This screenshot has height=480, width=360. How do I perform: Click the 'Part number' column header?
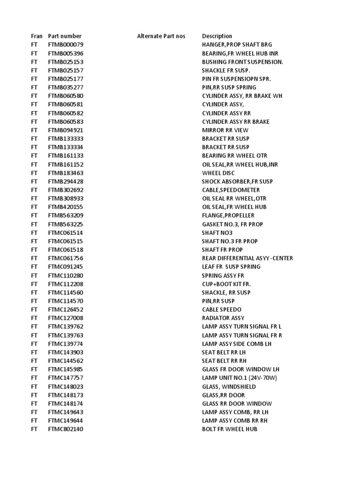coord(65,36)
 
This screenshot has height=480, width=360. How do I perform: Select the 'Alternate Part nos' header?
coord(161,36)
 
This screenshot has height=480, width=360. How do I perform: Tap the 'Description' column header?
coord(217,36)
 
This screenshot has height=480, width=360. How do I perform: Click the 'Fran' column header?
coord(37,36)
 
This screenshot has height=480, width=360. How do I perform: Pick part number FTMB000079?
coord(66,45)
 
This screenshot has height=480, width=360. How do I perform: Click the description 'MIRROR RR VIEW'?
coord(225,130)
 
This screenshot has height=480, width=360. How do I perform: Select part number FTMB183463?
coord(66,173)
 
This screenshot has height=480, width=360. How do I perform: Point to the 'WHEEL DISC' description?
coord(218,173)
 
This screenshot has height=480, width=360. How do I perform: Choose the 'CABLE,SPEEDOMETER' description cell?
coord(231,190)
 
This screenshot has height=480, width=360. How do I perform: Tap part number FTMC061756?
coord(66,258)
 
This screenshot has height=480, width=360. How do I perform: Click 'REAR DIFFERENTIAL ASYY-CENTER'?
coord(247,258)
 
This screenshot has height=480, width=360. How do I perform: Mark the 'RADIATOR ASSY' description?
coord(223,318)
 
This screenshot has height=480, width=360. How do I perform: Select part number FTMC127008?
coord(66,318)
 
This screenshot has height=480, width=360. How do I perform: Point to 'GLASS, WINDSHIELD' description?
coord(229,387)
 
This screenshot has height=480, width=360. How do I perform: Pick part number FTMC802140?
coord(66,429)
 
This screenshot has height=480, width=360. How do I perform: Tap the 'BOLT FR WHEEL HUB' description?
coord(230,429)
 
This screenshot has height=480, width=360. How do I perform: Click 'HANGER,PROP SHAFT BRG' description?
coord(236,45)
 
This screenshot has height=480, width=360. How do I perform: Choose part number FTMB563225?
coord(66,224)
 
